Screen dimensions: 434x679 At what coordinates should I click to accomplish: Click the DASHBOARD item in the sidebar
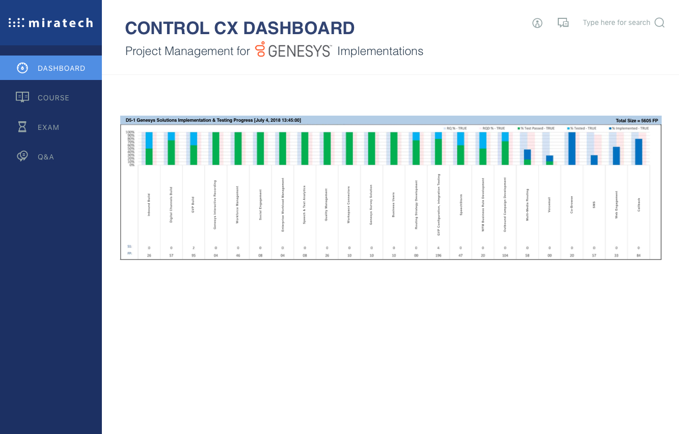coord(51,68)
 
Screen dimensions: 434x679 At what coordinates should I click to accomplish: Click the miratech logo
coord(51,23)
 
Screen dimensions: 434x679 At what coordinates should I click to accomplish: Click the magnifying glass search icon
coord(660,23)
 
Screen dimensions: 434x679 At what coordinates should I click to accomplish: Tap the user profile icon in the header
coord(537,23)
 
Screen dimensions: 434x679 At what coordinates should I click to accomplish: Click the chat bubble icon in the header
coord(563,23)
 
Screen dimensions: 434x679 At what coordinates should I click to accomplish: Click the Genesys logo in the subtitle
coord(293,50)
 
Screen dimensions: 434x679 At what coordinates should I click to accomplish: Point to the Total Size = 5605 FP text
coord(637,121)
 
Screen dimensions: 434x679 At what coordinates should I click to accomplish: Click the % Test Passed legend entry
coord(535,128)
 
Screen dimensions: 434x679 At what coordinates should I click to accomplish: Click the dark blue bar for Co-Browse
coord(572,148)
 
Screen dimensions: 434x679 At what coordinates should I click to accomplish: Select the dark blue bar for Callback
coord(639,152)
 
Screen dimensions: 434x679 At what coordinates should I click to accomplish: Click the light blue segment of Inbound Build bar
coord(149,140)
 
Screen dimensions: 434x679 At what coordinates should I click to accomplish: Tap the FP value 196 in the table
coord(439,255)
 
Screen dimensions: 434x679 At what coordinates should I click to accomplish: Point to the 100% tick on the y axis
coord(130,132)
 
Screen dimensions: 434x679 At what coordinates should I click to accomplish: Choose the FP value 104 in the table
coord(505,255)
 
